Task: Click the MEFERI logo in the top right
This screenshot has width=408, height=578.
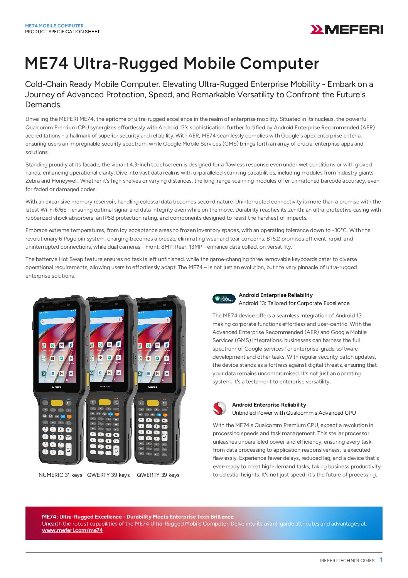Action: coord(346,30)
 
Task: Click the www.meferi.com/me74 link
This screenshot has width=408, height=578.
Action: coord(72,531)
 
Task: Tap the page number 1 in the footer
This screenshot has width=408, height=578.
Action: coord(381,560)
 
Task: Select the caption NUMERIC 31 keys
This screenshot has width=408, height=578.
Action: coord(61,475)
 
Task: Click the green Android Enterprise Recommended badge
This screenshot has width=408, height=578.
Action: coord(224,299)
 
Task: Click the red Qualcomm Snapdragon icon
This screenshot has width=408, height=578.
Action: coord(220,408)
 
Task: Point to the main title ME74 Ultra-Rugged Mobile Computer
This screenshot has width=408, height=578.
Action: coord(172,63)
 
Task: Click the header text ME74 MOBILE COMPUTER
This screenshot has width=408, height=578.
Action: coord(54,26)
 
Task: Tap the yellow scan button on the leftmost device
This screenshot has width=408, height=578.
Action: coord(57,403)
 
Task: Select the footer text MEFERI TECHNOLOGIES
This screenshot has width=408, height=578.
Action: coord(347,561)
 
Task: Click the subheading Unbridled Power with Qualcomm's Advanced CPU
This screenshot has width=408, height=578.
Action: coord(294,413)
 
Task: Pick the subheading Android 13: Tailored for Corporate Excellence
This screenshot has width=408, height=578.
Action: coord(294,303)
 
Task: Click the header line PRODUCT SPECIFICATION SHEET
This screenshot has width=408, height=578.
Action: coord(62,32)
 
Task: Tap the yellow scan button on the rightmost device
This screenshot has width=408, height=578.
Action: coord(153,403)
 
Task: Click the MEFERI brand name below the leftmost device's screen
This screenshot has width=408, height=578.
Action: coord(57,386)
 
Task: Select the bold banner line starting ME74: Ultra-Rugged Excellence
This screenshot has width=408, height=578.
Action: coord(138,517)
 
